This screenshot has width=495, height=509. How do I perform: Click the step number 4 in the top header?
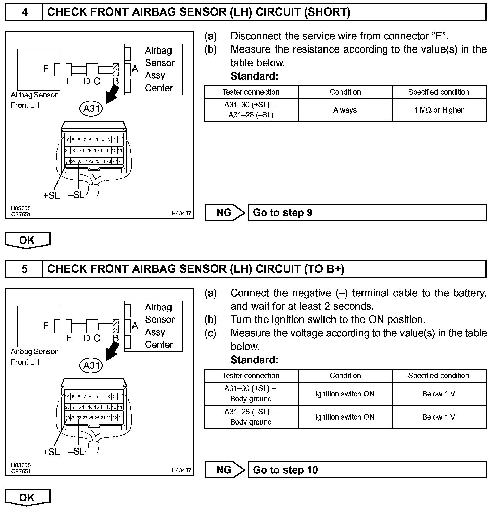pyautogui.click(x=24, y=12)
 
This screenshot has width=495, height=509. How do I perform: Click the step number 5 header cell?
pyautogui.click(x=24, y=269)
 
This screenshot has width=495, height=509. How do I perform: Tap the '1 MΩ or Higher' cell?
pyautogui.click(x=439, y=110)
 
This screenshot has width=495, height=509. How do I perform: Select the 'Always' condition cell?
pyautogui.click(x=345, y=110)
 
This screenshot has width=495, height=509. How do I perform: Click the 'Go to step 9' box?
pyautogui.click(x=367, y=213)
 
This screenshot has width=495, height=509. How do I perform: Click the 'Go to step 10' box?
pyautogui.click(x=367, y=470)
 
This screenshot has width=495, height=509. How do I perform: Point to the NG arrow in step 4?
pyautogui.click(x=225, y=213)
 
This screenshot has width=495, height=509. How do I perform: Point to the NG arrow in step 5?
pyautogui.click(x=225, y=470)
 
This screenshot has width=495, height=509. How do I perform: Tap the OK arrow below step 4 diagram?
pyautogui.click(x=27, y=240)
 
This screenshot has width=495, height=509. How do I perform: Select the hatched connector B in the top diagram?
pyautogui.click(x=116, y=70)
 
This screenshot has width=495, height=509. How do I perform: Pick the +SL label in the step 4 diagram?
pyautogui.click(x=52, y=195)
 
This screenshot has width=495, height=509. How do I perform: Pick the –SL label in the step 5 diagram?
pyautogui.click(x=76, y=451)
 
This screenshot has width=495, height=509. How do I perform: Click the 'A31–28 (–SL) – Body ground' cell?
pyautogui.click(x=251, y=417)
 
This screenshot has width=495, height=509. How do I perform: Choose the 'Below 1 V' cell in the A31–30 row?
pyautogui.click(x=439, y=394)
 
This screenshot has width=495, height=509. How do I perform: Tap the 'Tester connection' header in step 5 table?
pyautogui.click(x=251, y=376)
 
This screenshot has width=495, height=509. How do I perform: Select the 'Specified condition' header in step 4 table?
pyautogui.click(x=439, y=92)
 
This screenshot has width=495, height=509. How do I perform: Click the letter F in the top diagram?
pyautogui.click(x=46, y=69)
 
